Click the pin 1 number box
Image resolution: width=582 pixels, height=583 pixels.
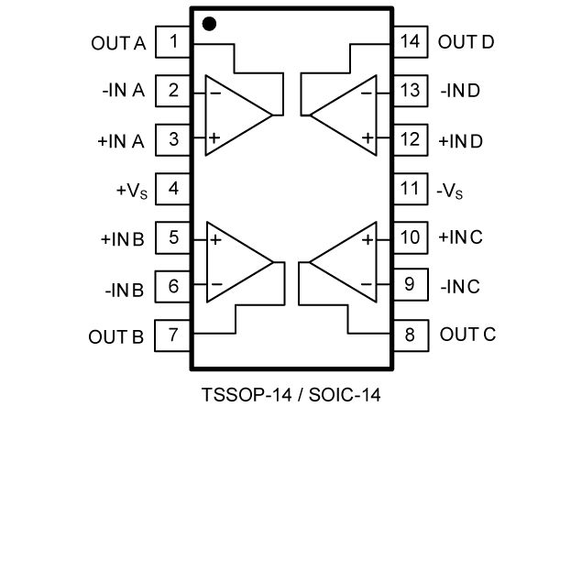[x=173, y=41]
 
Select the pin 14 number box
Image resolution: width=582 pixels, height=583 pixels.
[x=410, y=41]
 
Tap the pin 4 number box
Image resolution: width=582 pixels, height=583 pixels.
[x=173, y=190]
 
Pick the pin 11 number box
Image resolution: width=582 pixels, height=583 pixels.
[x=410, y=190]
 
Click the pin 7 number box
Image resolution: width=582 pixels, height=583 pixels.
[x=173, y=335]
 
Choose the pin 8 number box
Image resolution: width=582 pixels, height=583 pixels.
[x=410, y=335]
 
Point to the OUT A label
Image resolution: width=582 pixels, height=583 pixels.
[x=117, y=42]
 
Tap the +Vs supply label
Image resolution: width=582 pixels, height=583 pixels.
[x=129, y=191]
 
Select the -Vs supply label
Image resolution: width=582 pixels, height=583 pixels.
[x=450, y=191]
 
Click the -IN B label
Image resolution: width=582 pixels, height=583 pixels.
[x=124, y=291]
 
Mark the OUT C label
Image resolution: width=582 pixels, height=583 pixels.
[x=467, y=334]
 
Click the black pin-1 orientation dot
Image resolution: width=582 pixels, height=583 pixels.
[x=209, y=24]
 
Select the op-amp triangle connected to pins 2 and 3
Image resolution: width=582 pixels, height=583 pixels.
[x=235, y=115]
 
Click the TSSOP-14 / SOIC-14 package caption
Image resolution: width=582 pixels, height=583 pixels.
[x=291, y=396]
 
